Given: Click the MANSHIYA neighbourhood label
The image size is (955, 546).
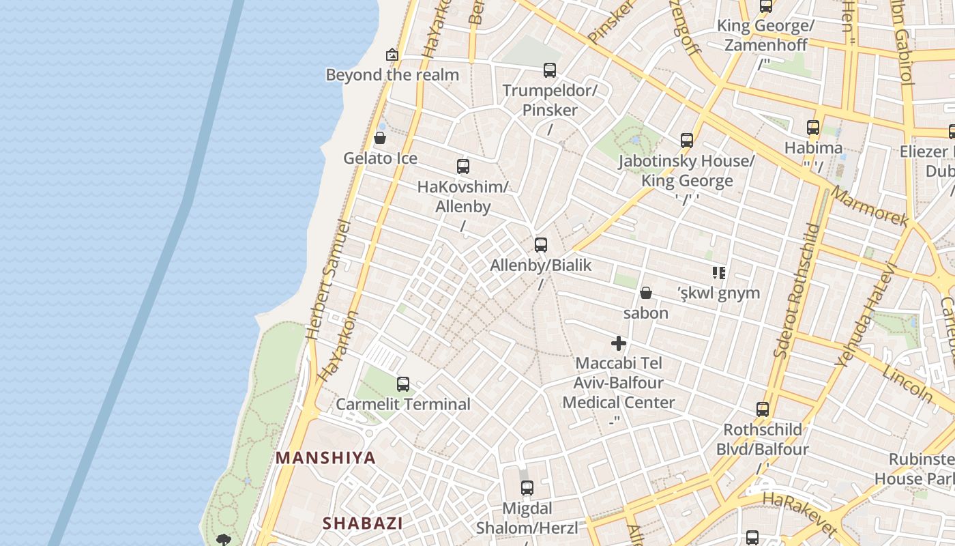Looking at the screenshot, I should pyautogui.click(x=325, y=458).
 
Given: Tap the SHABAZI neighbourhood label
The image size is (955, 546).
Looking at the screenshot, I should pyautogui.click(x=362, y=523).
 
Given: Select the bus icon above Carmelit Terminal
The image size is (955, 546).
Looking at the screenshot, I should pyautogui.click(x=403, y=384).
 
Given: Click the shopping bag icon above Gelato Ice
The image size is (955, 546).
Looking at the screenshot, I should pyautogui.click(x=380, y=139).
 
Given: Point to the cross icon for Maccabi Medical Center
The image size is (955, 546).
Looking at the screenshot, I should pyautogui.click(x=619, y=343).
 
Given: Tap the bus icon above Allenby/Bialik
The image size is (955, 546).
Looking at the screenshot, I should pyautogui.click(x=541, y=245).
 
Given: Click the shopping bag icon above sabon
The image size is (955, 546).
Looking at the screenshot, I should pyautogui.click(x=645, y=293).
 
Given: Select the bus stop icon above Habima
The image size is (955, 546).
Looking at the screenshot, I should pyautogui.click(x=813, y=128).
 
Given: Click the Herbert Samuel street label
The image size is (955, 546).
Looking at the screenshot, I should pyautogui.click(x=329, y=280).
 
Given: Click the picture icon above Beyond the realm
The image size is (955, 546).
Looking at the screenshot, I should pyautogui.click(x=392, y=55).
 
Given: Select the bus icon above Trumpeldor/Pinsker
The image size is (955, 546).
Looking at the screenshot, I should pyautogui.click(x=550, y=70).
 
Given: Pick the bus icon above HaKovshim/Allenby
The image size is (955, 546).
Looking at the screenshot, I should pyautogui.click(x=463, y=167).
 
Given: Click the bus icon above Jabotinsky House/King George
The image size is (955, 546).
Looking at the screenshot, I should pyautogui.click(x=687, y=141).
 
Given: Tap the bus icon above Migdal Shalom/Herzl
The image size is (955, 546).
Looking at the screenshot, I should pyautogui.click(x=527, y=488).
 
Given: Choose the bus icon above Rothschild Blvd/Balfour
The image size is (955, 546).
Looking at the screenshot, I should pyautogui.click(x=763, y=409).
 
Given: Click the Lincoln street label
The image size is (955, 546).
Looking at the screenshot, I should pyautogui.click(x=907, y=383).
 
